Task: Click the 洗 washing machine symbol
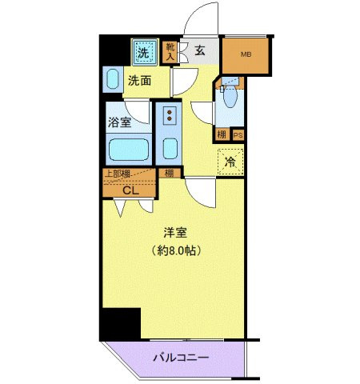click(144, 53)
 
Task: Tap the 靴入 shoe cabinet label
click(170, 52)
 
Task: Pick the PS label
click(238, 135)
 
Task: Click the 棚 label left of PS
click(222, 135)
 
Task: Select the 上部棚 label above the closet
click(117, 174)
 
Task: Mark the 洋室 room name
click(175, 234)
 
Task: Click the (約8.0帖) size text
click(175, 250)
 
